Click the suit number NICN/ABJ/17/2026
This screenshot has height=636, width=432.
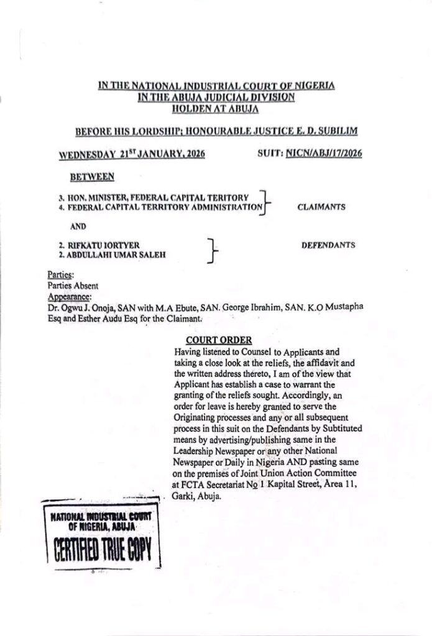point(324,154)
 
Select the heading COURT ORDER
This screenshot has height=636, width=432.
point(219,340)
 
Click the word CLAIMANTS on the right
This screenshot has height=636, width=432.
point(321,207)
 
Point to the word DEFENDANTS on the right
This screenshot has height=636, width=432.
point(328,245)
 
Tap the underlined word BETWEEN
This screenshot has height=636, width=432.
point(92,177)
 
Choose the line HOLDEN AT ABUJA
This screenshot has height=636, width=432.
point(216,108)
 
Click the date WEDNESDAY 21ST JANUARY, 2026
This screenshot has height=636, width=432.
point(132,155)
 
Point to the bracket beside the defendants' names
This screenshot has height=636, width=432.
point(213,250)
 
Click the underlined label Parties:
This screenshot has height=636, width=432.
point(60,273)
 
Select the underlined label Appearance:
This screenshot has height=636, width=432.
point(68,297)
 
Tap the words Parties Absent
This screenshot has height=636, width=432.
point(73,286)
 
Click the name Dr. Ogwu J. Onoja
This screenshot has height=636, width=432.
point(78,307)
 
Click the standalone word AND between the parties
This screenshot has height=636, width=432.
point(78,226)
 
